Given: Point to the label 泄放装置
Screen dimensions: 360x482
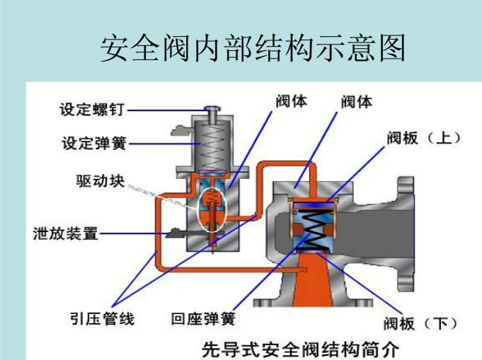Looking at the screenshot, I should [x=65, y=233].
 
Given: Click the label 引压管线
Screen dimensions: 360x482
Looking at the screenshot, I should [x=101, y=319].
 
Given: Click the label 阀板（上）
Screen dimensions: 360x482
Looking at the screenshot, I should [x=423, y=137].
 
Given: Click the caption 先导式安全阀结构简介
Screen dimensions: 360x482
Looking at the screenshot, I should [x=301, y=349].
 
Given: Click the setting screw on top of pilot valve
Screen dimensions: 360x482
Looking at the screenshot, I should [x=210, y=112].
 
